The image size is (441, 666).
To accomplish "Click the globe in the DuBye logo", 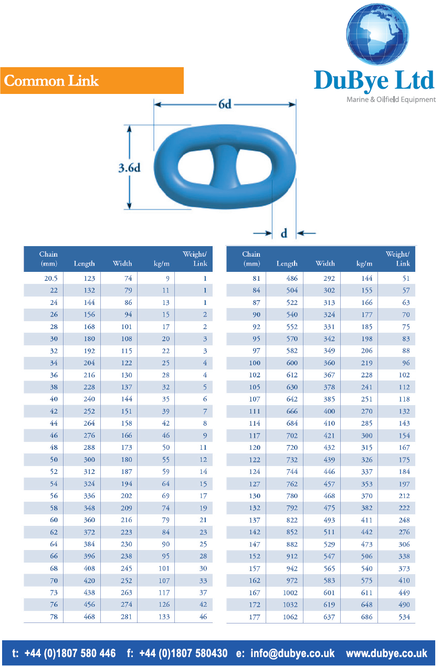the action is pos(377,34).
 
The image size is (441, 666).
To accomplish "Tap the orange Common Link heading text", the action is pos(51,81).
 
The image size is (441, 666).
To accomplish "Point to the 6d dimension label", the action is pos(225,104).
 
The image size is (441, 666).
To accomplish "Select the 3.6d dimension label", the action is pos(129,168).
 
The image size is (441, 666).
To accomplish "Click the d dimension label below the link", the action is pos(284,234).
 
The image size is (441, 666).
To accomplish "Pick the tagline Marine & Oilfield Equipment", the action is pos(391,99).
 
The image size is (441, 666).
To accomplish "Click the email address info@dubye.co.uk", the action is pos(292,653).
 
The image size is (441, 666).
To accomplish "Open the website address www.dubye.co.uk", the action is pos(386,653).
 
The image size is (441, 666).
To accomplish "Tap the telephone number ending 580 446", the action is pos(70,653).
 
